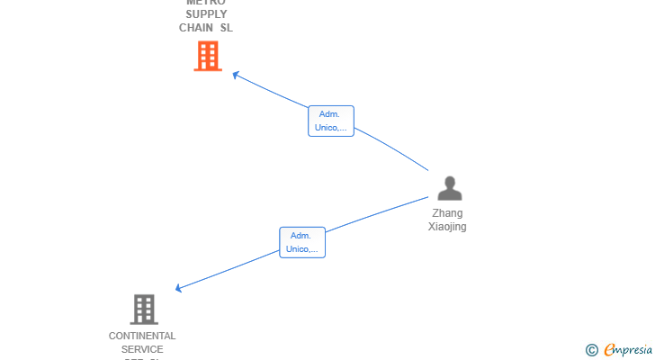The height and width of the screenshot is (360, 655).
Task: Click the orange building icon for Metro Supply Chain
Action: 208,56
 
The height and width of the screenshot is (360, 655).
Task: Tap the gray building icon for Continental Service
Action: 143,309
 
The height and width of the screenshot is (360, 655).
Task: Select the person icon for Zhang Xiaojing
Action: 449,188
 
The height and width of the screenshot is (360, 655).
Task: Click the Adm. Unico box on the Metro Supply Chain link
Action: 330,121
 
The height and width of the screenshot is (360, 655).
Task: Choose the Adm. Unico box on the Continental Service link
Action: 301,242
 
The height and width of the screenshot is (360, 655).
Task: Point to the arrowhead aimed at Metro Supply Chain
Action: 235,75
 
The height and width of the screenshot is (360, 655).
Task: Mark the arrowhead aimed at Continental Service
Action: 179,288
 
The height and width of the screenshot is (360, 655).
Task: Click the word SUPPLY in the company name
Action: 206,14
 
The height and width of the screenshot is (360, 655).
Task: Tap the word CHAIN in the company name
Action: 196,28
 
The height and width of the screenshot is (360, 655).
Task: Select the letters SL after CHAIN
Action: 226,28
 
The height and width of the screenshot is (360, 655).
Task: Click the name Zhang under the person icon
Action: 447,213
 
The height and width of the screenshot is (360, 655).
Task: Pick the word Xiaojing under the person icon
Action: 447,227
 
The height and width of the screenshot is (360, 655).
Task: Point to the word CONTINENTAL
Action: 142,336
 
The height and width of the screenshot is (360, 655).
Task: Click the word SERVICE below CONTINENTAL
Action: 142,349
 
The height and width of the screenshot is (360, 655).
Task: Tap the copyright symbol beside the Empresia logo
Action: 591,350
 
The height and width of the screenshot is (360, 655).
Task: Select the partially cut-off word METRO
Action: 206,3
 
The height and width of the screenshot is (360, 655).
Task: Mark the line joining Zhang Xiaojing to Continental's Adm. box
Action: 378,214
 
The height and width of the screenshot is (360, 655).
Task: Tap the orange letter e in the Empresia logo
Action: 609,350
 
